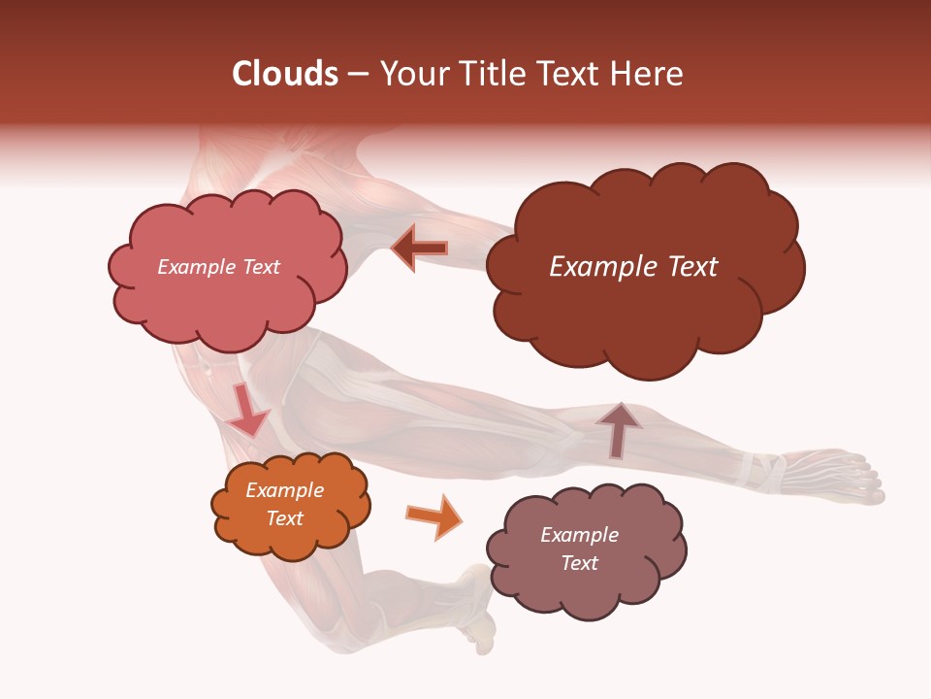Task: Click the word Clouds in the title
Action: (x=285, y=74)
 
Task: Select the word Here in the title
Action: (x=649, y=74)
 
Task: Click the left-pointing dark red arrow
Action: (x=420, y=249)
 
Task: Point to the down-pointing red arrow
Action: (x=246, y=412)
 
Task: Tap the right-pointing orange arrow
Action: (x=433, y=516)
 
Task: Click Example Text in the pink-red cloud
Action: (x=218, y=267)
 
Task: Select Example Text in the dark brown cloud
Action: (x=633, y=267)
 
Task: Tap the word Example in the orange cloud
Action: (x=284, y=490)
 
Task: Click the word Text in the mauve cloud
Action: (x=579, y=563)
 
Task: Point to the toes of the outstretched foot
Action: (x=868, y=481)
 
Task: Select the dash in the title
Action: (x=357, y=75)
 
